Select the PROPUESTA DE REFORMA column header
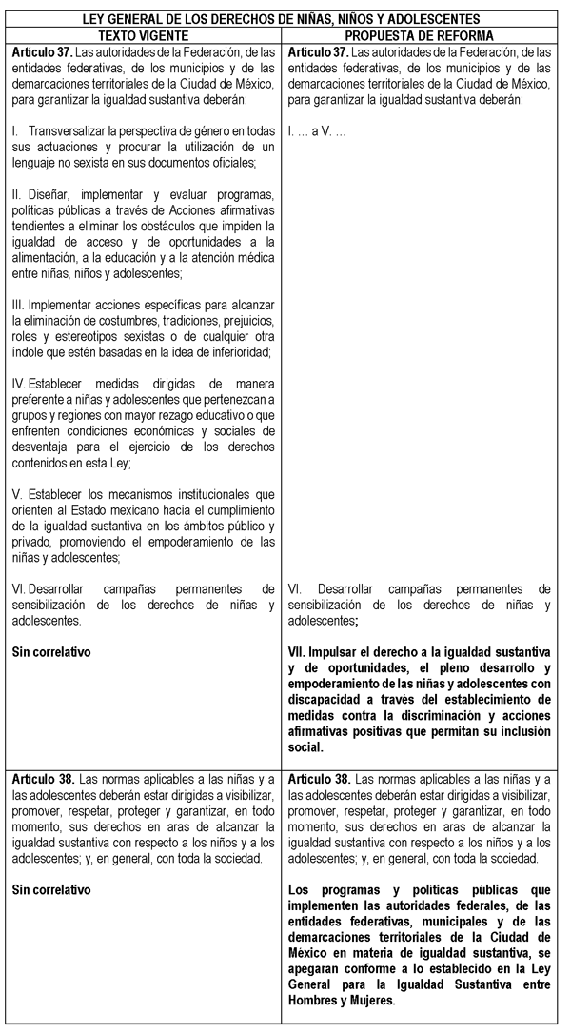coord(424,34)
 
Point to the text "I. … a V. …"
coord(317,130)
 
